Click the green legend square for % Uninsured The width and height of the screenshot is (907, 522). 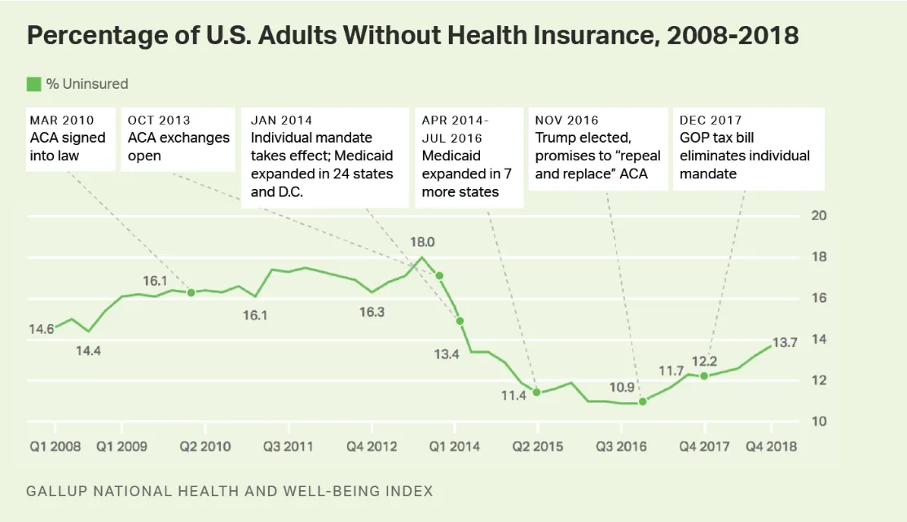33,84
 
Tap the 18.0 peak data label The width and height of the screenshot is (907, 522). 422,242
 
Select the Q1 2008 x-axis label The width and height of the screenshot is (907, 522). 55,446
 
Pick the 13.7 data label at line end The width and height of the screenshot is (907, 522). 784,343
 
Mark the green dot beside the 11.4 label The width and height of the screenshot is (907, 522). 536,392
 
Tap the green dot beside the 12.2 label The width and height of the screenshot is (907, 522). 704,375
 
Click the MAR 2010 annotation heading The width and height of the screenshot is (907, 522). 62,121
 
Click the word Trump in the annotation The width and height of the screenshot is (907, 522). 555,138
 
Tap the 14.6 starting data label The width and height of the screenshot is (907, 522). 41,329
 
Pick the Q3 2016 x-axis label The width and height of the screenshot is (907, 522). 621,446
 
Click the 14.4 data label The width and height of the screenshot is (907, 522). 90,351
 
